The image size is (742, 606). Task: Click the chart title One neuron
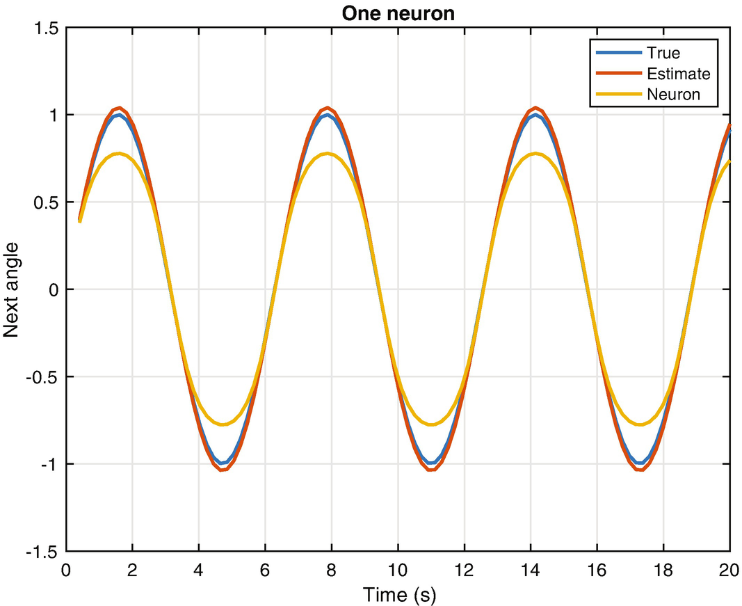pos(398,13)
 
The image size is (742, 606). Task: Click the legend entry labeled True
pos(663,53)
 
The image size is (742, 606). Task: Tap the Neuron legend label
pos(672,94)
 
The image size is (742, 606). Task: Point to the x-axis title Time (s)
pos(398,595)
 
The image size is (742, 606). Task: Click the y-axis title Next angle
pos(12,289)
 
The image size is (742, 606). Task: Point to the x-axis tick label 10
pos(398,568)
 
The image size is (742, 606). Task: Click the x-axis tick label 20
pos(729,568)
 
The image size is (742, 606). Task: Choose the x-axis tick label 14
pos(530,568)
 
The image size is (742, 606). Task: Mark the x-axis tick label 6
pos(265,568)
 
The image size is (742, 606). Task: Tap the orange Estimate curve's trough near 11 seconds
pos(431,470)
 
